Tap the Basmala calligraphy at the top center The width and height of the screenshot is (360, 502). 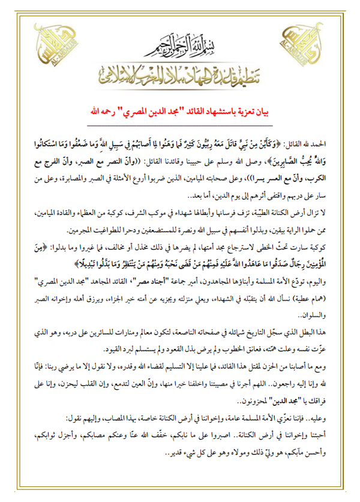[x=180, y=41]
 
